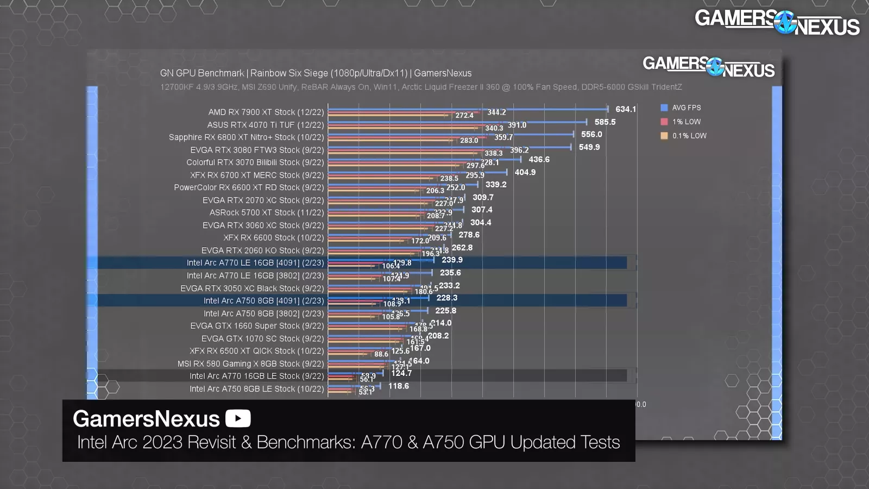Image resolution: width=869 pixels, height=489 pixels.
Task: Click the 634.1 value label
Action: (x=625, y=109)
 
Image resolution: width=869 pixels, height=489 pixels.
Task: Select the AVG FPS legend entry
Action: (x=685, y=108)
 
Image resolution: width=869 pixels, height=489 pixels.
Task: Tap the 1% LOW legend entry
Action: (x=685, y=122)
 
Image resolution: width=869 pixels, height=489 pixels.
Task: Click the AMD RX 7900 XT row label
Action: (x=266, y=112)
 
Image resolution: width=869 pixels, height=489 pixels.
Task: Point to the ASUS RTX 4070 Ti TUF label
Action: (x=265, y=125)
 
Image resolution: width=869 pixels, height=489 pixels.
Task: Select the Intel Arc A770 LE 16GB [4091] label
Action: (x=255, y=263)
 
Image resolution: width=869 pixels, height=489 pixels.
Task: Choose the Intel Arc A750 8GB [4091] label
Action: (x=263, y=301)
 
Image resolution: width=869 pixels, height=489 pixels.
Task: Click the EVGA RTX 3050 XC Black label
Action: (x=252, y=289)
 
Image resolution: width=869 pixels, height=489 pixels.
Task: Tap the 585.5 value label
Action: (x=604, y=122)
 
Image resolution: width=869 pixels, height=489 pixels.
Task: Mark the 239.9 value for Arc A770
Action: (x=452, y=260)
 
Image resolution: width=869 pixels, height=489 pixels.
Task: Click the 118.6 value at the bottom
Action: (x=398, y=386)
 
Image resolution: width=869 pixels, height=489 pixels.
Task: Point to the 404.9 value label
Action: (x=525, y=172)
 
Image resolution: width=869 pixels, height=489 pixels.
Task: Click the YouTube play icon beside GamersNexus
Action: (x=238, y=418)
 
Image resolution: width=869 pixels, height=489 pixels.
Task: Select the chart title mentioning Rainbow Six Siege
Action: (x=316, y=73)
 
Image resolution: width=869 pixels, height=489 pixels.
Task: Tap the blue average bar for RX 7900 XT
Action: (x=467, y=109)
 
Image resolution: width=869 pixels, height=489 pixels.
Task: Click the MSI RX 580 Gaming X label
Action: (x=250, y=364)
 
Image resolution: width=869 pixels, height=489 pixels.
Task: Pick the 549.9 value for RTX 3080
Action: (x=589, y=147)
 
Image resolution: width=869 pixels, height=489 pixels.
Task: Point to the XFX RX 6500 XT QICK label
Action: (x=256, y=351)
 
